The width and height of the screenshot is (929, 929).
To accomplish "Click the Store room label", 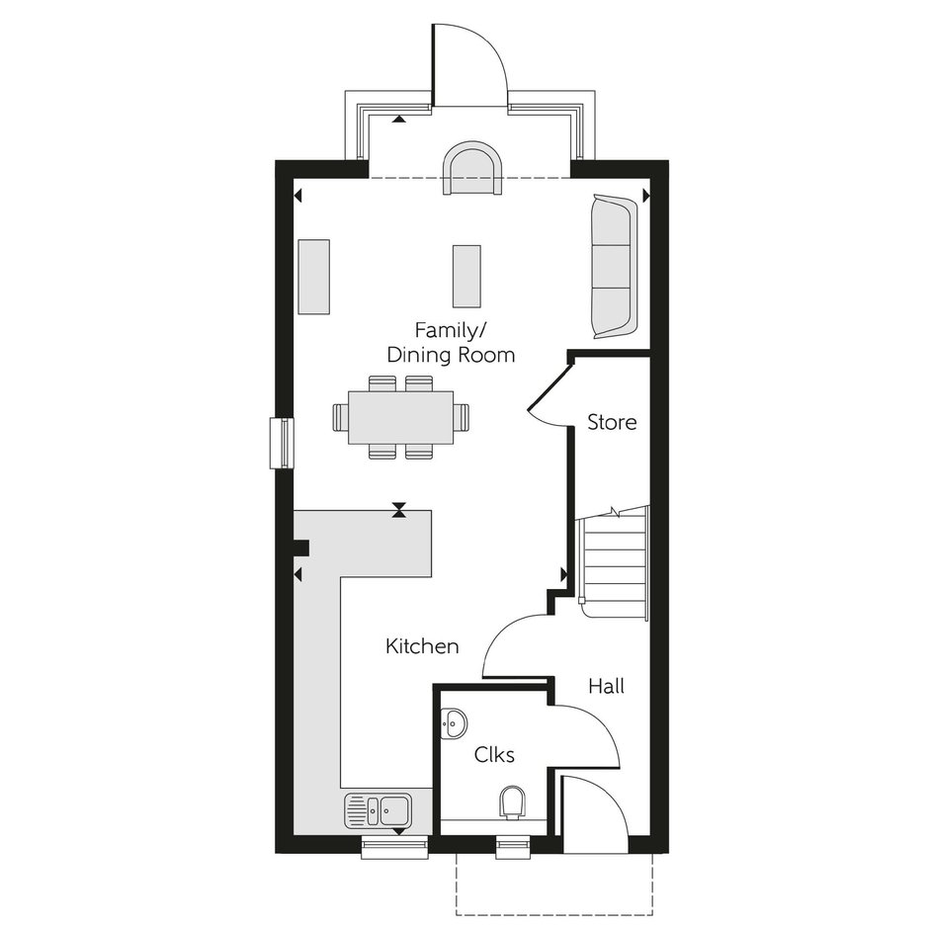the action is [x=612, y=422].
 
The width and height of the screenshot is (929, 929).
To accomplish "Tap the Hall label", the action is [x=606, y=686].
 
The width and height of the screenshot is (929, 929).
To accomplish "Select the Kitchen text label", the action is [x=422, y=645].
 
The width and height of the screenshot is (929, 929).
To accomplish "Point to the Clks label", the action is [x=494, y=754].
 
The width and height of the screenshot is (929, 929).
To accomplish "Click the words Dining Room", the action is [x=451, y=355].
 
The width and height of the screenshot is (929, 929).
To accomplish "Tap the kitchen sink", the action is [x=377, y=810].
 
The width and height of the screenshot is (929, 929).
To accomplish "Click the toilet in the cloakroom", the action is [x=512, y=802].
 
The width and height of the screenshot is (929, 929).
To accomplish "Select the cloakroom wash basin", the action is [x=454, y=723].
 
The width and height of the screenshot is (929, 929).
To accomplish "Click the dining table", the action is [x=400, y=417].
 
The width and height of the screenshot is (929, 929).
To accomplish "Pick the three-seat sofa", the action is [x=614, y=267].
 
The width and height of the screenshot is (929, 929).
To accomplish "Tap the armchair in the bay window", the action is [x=472, y=168].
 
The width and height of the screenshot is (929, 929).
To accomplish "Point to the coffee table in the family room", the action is [x=466, y=276].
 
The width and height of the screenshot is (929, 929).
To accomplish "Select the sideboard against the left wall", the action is [x=313, y=276].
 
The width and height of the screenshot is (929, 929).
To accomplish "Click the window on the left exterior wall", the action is [x=282, y=443].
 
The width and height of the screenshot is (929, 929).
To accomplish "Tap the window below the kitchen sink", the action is [x=394, y=847].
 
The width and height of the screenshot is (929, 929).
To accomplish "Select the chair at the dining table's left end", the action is [x=341, y=417].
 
